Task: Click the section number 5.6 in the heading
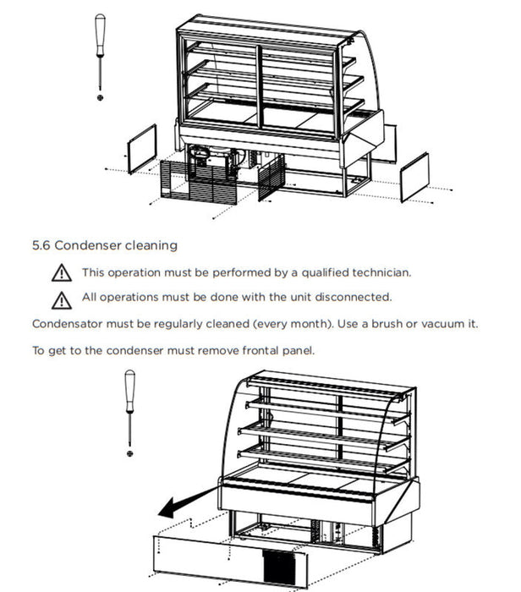click(41, 246)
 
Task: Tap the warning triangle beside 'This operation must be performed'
click(61, 274)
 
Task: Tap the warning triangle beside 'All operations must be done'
click(61, 299)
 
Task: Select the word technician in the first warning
click(380, 273)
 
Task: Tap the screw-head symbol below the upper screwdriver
click(101, 98)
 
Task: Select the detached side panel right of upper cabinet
click(414, 177)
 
